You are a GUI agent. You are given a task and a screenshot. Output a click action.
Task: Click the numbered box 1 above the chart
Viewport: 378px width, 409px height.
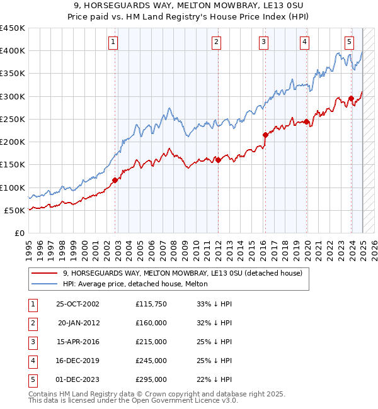tap(112, 42)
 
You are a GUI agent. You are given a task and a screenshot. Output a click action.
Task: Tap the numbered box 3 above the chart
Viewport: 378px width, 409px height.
tap(263, 42)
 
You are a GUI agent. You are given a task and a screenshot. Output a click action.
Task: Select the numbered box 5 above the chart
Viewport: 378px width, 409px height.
tap(349, 42)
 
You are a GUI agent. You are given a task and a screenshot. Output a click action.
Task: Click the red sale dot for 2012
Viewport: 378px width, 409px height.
tap(218, 160)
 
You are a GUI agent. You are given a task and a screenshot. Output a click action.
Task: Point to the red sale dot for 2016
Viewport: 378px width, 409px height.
tap(265, 135)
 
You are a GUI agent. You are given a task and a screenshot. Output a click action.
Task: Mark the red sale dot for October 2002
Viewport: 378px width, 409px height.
tap(115, 180)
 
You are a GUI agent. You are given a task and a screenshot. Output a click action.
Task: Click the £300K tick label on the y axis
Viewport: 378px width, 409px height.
tap(13, 96)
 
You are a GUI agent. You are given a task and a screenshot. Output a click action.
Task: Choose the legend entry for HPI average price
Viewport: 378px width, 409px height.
tap(135, 284)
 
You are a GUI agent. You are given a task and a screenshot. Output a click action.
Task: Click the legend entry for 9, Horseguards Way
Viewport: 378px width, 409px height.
tap(183, 273)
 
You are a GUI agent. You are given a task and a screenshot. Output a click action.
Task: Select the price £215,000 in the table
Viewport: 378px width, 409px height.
tap(151, 342)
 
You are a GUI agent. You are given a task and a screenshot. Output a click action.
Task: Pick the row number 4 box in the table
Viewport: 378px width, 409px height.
tap(32, 361)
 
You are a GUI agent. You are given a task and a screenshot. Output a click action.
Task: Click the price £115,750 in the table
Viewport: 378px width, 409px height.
tap(151, 304)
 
